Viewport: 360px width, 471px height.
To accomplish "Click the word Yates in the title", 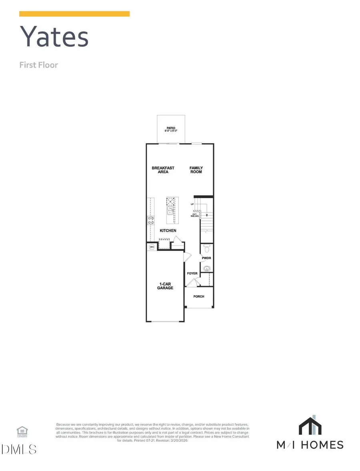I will point(54,37).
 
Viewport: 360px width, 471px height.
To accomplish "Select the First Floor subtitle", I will point(38,65).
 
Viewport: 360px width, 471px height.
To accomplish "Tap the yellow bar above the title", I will point(74,14).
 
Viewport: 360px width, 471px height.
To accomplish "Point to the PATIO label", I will point(171,128).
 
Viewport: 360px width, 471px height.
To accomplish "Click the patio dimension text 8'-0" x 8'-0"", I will point(171,131).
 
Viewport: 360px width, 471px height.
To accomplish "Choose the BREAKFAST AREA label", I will point(163,170).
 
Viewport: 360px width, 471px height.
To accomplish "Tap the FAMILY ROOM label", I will point(196,170).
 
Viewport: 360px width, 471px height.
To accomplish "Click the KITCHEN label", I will point(168,230).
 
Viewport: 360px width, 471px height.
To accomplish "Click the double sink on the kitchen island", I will point(170,210).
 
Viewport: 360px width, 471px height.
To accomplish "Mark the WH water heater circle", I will point(152,247).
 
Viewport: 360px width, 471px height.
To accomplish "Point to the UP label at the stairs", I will point(192,204).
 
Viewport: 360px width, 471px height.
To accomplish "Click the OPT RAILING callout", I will point(196,214).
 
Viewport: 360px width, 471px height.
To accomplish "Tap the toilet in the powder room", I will point(206,249).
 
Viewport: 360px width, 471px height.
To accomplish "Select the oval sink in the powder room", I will point(207,269).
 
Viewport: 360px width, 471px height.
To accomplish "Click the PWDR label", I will point(206,258).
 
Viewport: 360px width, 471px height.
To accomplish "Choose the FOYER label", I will point(192,273).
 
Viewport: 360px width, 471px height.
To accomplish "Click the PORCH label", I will point(199,297).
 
